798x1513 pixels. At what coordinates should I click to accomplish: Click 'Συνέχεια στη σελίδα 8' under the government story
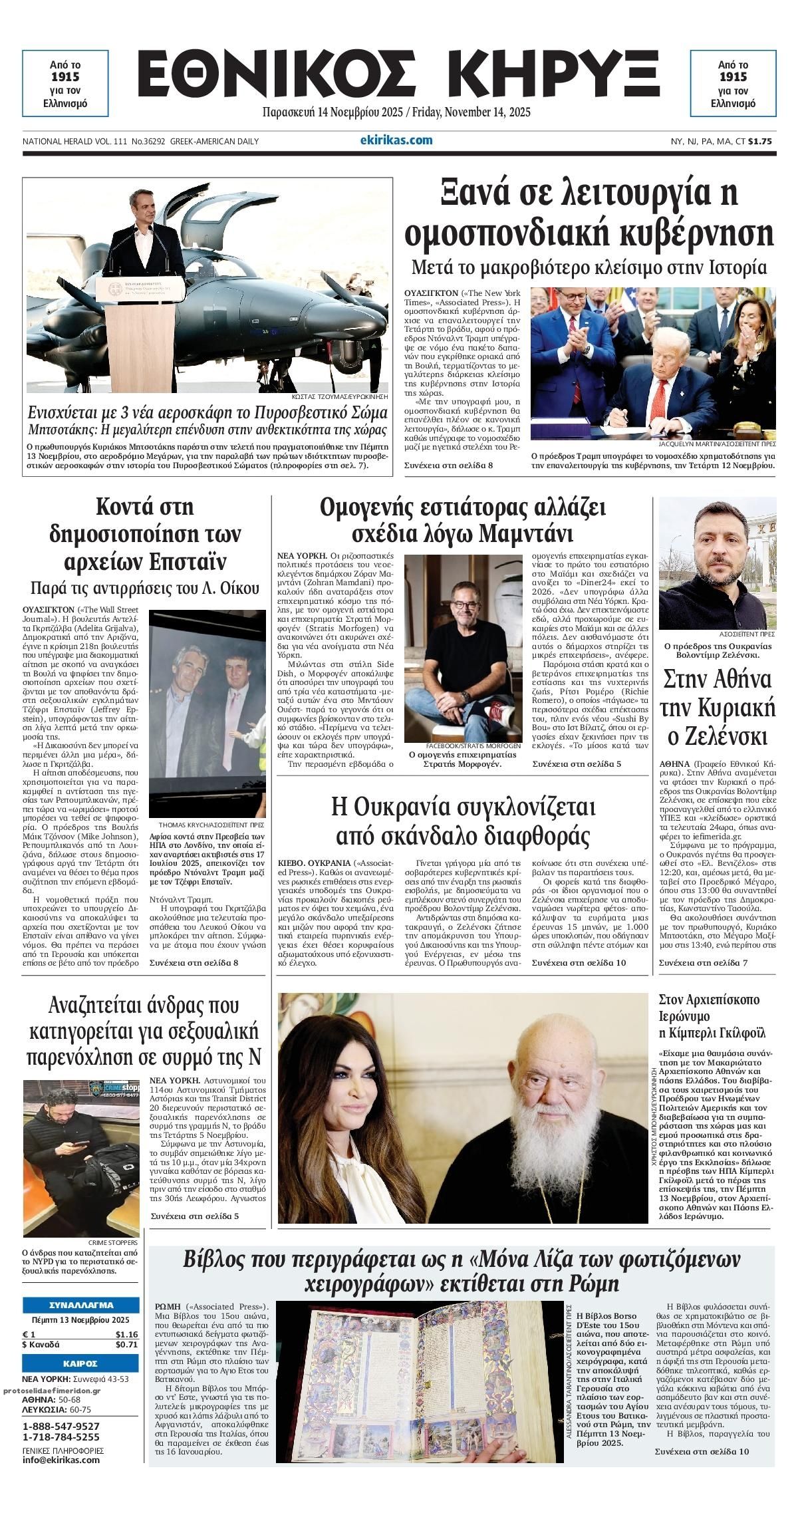pyautogui.click(x=448, y=465)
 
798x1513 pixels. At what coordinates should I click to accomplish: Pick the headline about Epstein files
pyautogui.click(x=145, y=534)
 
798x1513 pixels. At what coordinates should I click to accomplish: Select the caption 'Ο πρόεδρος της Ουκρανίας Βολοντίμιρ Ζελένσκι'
pyautogui.click(x=717, y=650)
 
